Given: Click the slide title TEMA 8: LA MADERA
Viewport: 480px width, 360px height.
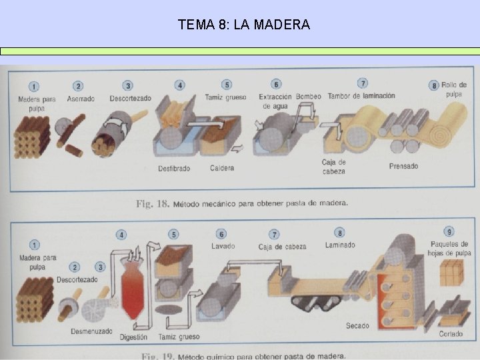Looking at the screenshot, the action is tap(244, 25).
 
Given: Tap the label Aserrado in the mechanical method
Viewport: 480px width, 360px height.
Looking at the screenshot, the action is tap(81, 99).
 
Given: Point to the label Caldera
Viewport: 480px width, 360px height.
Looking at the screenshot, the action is tap(222, 168).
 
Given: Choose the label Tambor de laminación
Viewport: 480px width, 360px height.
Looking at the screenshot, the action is tap(362, 96).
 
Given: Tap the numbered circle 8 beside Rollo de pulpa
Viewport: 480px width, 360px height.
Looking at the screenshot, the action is tap(435, 85).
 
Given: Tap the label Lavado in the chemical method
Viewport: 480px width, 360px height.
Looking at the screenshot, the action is tap(223, 246).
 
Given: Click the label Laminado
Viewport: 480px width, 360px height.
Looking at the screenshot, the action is tap(340, 245).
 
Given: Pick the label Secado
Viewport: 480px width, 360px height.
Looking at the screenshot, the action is tap(358, 325).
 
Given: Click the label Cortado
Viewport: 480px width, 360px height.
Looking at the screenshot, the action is tap(451, 333).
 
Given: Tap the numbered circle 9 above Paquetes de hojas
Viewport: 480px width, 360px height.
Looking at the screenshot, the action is tap(450, 232).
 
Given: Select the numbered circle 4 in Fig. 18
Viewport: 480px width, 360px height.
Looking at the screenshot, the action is tap(179, 85).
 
